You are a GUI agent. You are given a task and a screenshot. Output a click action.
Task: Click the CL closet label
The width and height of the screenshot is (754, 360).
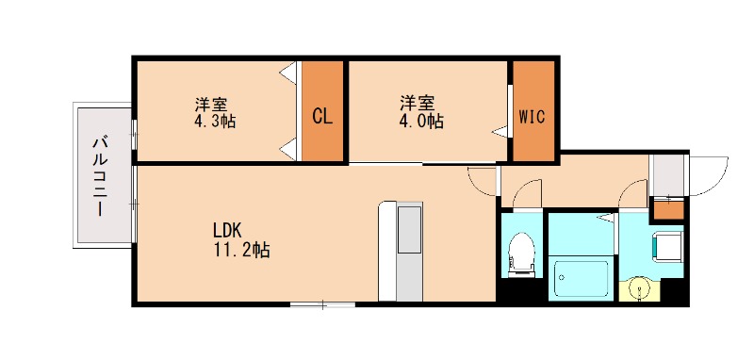[322, 117]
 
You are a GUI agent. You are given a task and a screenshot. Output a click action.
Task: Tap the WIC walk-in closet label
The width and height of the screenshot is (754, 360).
[533, 117]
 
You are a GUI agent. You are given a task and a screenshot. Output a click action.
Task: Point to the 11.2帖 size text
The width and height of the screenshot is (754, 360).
[240, 251]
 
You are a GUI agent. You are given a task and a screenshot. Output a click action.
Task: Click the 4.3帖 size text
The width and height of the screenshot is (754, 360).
[215, 123]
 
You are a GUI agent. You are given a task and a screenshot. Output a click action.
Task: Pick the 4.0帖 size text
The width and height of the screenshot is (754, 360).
[421, 122]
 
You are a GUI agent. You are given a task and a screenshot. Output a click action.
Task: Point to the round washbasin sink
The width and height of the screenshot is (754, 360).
[644, 287]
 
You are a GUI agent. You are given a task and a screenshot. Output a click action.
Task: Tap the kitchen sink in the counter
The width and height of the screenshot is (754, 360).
[410, 229]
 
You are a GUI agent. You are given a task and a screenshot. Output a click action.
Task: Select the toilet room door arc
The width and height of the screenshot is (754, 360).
[528, 193]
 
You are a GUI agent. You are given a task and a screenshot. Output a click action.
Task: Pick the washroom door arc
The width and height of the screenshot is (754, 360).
[632, 194]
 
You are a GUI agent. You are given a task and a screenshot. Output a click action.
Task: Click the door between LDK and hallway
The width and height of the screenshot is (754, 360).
[482, 180]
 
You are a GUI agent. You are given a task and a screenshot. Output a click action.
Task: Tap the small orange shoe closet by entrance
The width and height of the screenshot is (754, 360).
[668, 208]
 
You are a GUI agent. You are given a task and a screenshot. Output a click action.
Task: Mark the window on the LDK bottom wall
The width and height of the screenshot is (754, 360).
[322, 304]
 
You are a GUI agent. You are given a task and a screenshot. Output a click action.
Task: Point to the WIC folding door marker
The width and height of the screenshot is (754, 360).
[500, 130]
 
